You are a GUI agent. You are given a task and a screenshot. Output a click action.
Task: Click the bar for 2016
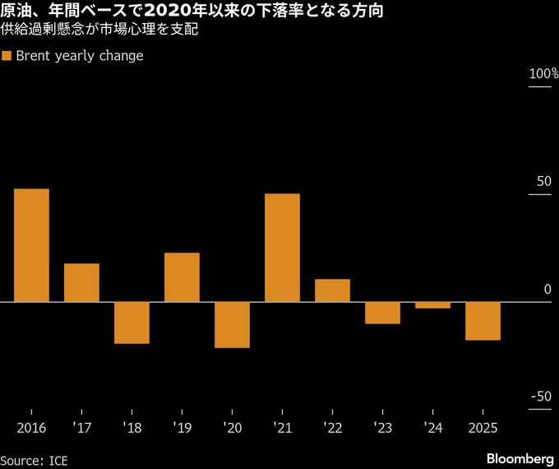coord(31,245)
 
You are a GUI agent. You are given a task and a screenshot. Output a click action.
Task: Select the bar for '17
coord(81,282)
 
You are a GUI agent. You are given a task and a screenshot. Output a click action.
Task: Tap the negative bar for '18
coord(132,323)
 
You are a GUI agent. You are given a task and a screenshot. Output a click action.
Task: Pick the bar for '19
coord(182,277)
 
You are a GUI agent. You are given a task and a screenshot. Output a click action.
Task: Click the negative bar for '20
coord(232,325)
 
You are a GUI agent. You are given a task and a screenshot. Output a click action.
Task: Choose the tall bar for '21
coord(282,248)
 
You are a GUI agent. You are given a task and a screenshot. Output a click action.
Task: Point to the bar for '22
coord(332,290)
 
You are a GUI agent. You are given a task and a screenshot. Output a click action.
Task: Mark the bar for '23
coord(382,313)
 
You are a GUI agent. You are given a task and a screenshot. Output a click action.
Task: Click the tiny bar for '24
coord(432,305)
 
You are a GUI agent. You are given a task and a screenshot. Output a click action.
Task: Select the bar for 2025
coord(483,321)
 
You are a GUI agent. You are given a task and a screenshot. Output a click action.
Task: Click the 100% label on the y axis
coord(543,75)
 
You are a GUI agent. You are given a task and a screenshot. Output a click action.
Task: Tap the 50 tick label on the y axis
coord(543,181)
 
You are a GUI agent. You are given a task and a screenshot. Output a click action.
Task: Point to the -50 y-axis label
coord(540,397)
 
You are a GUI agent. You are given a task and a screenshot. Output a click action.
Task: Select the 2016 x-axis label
coord(31,428)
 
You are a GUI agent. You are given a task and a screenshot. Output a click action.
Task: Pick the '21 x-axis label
coord(282,428)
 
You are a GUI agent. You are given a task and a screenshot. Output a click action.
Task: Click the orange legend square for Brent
coord(7,57)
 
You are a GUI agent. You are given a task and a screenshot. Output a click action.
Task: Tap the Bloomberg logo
coord(520,457)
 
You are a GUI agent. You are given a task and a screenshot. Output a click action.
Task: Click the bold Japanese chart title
coord(191,12)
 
